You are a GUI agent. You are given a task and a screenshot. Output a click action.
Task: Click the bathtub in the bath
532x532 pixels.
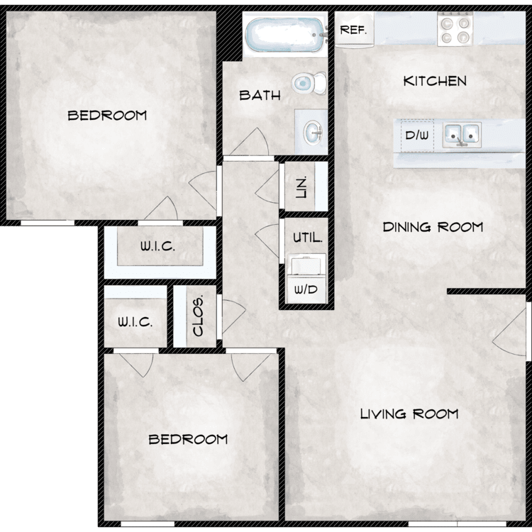pos(286,34)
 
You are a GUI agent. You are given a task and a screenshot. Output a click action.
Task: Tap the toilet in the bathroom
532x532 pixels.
pos(309,83)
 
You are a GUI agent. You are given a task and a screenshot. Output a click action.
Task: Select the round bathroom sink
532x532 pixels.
pos(313,131)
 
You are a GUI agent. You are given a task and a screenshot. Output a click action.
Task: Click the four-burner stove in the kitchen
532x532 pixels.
pos(455,29)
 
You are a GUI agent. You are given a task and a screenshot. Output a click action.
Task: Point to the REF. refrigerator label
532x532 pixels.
pos(353,30)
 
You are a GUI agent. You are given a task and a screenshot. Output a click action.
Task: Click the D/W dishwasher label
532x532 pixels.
pos(417,135)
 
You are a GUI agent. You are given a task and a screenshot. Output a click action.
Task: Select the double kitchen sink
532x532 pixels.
pos(462,135)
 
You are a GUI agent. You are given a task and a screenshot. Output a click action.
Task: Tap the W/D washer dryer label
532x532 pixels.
pos(306,289)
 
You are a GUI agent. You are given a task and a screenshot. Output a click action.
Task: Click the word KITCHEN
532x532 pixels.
pos(435,81)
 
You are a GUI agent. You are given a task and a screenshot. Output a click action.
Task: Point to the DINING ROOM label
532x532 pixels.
pos(433,227)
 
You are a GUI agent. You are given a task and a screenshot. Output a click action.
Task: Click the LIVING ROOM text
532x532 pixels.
pos(409,414)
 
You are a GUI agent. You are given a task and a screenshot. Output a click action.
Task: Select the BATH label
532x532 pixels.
pos(260,95)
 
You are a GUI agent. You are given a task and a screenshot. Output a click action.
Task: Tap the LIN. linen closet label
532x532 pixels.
pos(301,187)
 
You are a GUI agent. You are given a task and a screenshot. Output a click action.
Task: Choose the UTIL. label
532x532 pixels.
pos(307,237)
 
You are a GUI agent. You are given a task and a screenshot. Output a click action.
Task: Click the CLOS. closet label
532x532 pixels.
pos(197,316)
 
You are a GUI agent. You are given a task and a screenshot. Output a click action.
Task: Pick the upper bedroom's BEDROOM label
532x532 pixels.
pos(107,116)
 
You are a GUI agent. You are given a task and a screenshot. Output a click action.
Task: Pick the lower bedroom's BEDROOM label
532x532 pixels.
pos(188,440)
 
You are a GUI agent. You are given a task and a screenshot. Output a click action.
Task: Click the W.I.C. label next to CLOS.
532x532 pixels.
pos(135,321)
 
